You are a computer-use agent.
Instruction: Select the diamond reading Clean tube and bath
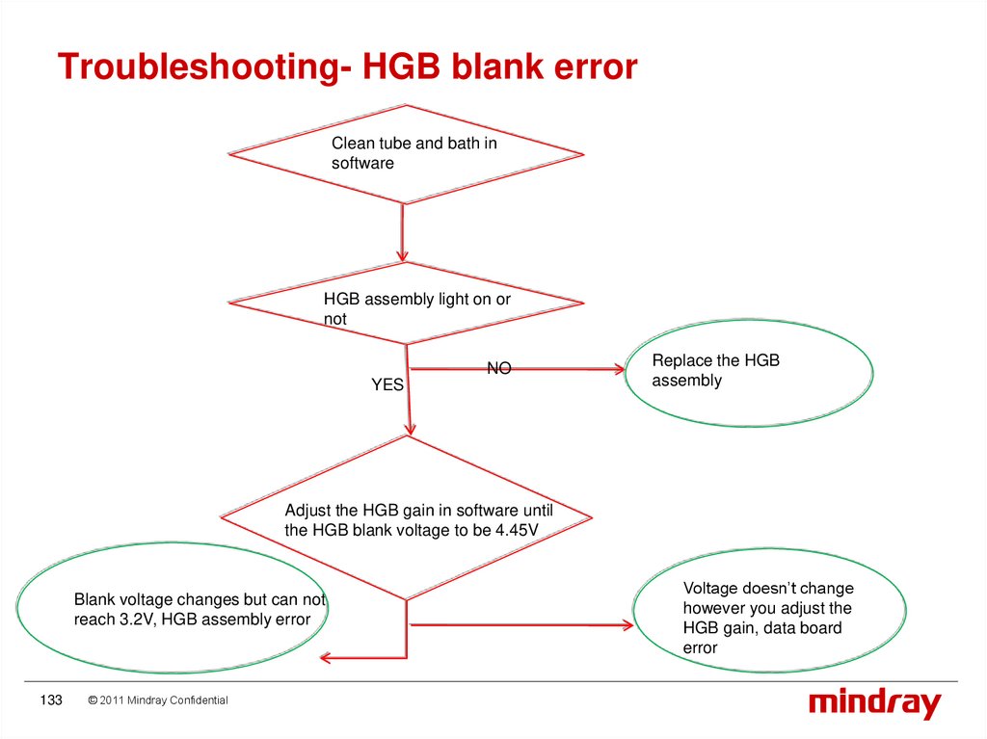tap(406, 153)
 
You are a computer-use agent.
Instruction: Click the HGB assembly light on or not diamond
tap(406, 304)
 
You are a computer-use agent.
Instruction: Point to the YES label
tap(387, 384)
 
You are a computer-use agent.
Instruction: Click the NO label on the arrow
tap(498, 368)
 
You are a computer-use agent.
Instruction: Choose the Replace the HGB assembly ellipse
tap(749, 372)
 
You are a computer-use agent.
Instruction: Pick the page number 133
tap(50, 700)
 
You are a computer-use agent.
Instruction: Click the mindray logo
tap(874, 703)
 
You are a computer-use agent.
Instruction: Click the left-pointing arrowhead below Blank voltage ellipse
tap(326, 658)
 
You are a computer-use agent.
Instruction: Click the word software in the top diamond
tap(362, 164)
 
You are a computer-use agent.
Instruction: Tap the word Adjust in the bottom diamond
tap(307, 510)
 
